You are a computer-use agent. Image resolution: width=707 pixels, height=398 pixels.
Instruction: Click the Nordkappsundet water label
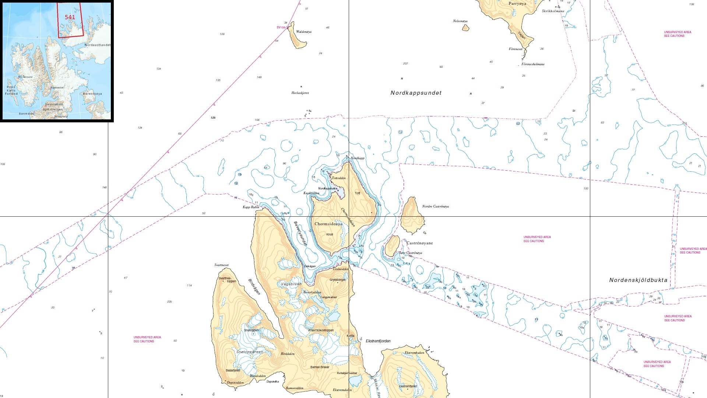[416, 93]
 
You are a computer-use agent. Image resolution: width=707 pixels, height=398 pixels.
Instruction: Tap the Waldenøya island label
[304, 32]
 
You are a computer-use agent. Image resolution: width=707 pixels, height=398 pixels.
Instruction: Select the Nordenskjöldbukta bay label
[638, 280]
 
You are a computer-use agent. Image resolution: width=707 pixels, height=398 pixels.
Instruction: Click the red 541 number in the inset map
[70, 17]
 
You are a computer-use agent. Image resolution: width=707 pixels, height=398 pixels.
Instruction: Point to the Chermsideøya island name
[328, 224]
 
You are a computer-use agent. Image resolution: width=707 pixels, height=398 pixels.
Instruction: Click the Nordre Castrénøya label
[435, 206]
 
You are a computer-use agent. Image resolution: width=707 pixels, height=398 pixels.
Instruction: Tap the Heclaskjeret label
[300, 93]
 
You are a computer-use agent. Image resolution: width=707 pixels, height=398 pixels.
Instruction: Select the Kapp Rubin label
[251, 207]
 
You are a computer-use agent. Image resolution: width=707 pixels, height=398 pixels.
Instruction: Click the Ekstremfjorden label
[378, 341]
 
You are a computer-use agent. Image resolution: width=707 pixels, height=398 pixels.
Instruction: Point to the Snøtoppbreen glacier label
[250, 352]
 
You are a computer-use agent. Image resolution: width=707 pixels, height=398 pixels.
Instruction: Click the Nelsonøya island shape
[465, 28]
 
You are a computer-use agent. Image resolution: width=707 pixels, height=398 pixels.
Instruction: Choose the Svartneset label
[221, 265]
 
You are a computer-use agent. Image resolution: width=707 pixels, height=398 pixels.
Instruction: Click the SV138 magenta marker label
[281, 28]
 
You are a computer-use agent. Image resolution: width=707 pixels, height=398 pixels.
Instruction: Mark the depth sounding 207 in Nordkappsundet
[405, 64]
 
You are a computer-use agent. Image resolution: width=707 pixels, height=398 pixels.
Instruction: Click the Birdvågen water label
[254, 287]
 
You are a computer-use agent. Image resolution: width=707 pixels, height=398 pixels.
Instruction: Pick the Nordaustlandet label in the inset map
[97, 45]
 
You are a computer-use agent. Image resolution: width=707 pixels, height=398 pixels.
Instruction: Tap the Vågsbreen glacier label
[291, 284]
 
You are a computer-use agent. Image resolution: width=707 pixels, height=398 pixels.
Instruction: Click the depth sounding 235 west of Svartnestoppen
[169, 301]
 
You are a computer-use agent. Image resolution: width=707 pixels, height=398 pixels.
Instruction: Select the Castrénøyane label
[419, 243]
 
